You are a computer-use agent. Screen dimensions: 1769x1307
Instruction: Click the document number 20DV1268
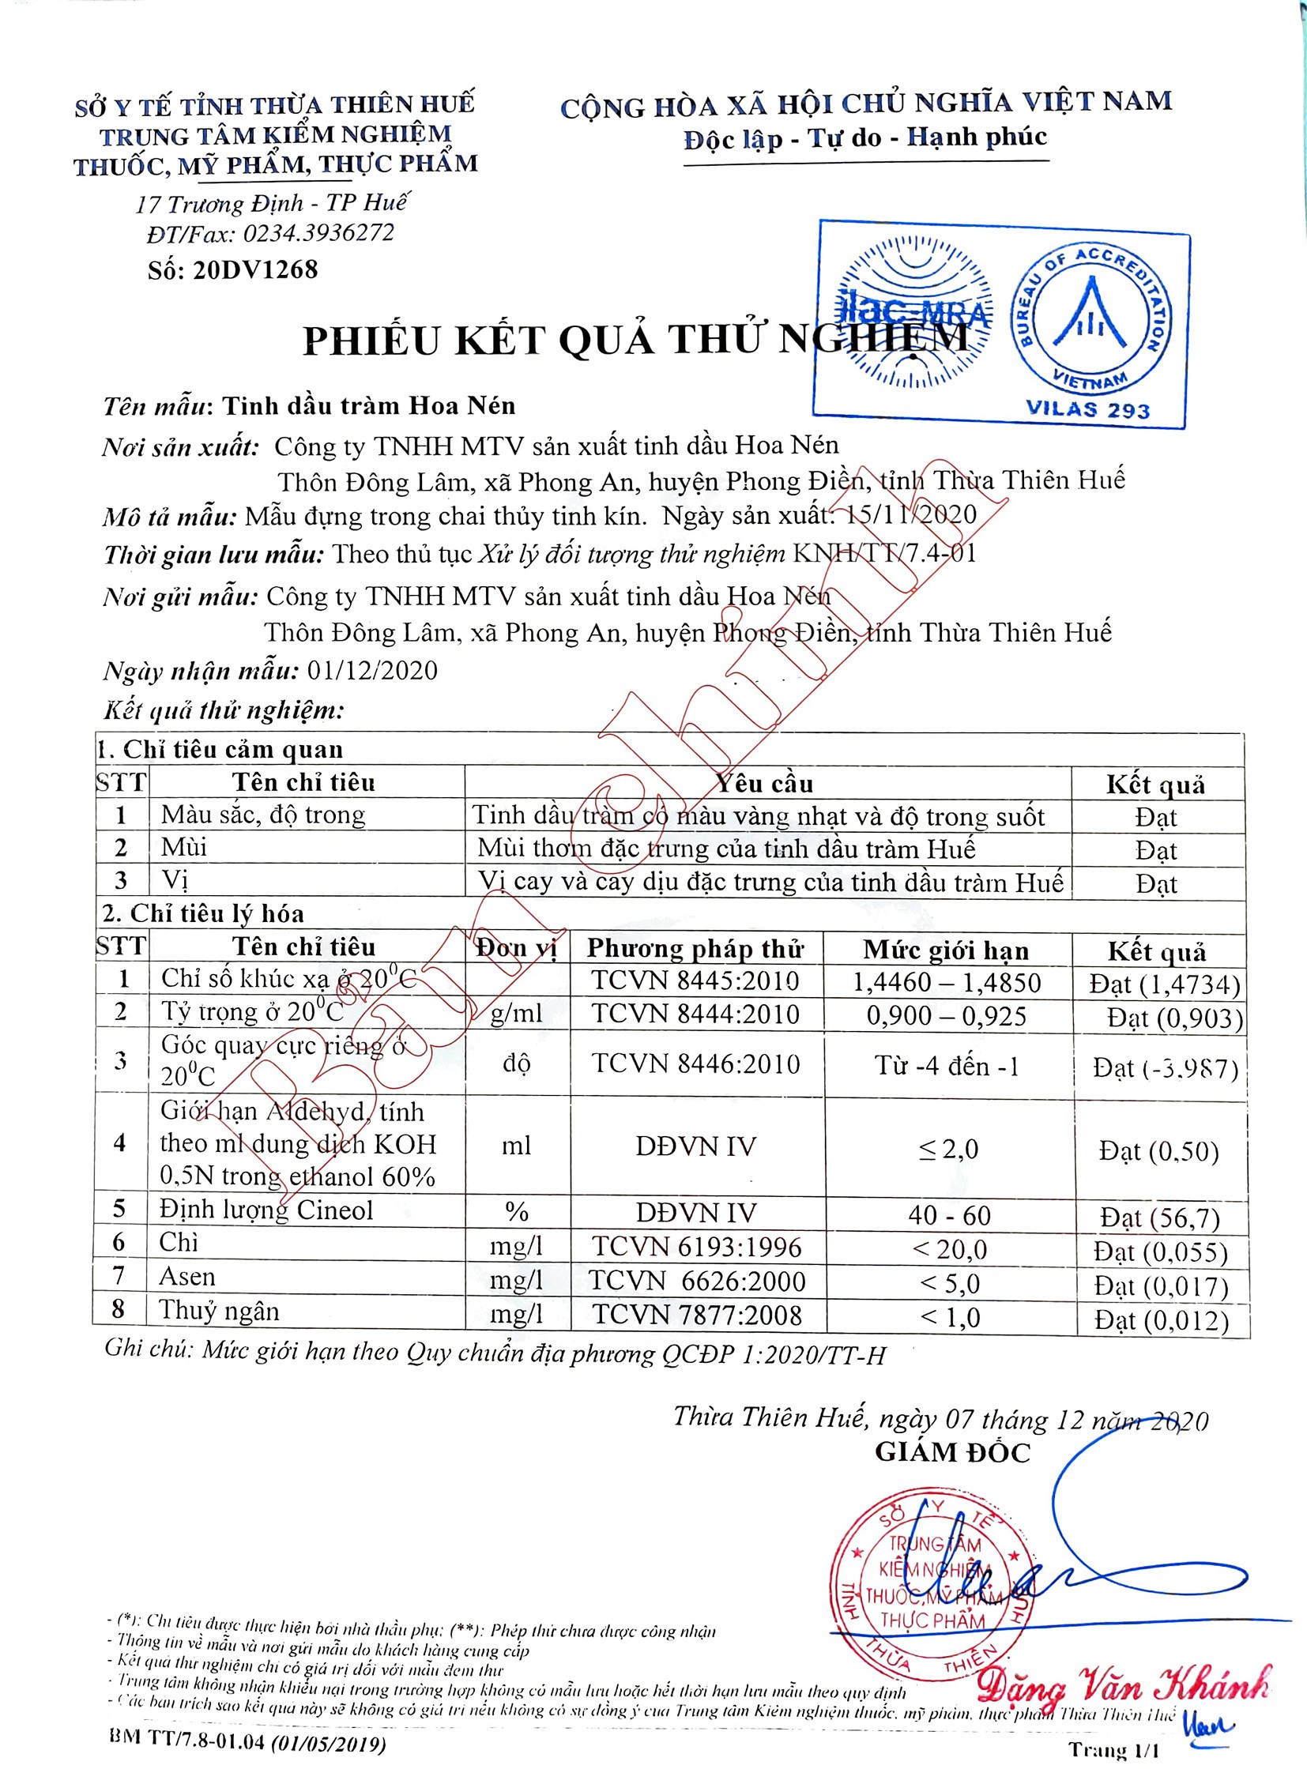[254, 270]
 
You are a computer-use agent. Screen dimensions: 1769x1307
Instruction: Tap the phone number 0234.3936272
[318, 233]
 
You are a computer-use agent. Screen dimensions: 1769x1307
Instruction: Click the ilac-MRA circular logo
[913, 314]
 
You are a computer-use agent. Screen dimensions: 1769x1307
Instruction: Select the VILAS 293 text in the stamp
[1088, 410]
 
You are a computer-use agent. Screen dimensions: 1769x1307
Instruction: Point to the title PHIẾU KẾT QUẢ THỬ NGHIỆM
[635, 341]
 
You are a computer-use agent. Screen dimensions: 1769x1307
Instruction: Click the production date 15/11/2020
[911, 515]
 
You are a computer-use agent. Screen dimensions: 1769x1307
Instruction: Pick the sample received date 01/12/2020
[372, 671]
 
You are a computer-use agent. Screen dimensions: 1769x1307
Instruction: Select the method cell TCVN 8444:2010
[695, 1014]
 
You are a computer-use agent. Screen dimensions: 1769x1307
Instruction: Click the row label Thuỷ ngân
[219, 1311]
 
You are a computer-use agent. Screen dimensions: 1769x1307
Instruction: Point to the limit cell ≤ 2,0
[948, 1148]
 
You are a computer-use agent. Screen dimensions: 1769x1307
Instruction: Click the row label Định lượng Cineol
[266, 1210]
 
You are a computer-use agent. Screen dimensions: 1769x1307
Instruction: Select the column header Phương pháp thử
[695, 949]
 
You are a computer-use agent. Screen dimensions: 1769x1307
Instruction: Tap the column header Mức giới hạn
[945, 950]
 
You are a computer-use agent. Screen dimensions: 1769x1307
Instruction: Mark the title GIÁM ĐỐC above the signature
[952, 1452]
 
